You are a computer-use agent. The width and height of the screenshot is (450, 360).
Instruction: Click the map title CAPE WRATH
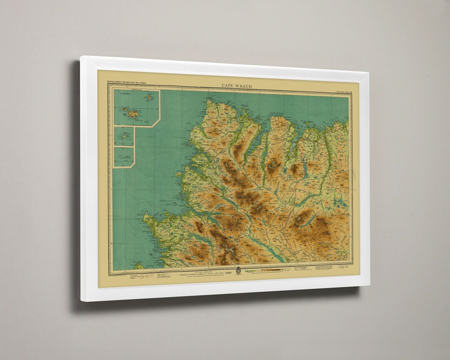(x=236, y=86)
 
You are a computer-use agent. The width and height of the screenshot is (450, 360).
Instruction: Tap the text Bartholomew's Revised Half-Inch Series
(x=129, y=82)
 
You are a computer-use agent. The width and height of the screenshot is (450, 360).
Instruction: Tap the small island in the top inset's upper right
(x=149, y=98)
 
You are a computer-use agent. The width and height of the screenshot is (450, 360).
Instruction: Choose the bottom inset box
(x=124, y=157)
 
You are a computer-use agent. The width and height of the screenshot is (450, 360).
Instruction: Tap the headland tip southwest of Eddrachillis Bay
(x=146, y=216)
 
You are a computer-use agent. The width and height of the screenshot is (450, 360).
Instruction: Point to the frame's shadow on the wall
(x=75, y=187)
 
